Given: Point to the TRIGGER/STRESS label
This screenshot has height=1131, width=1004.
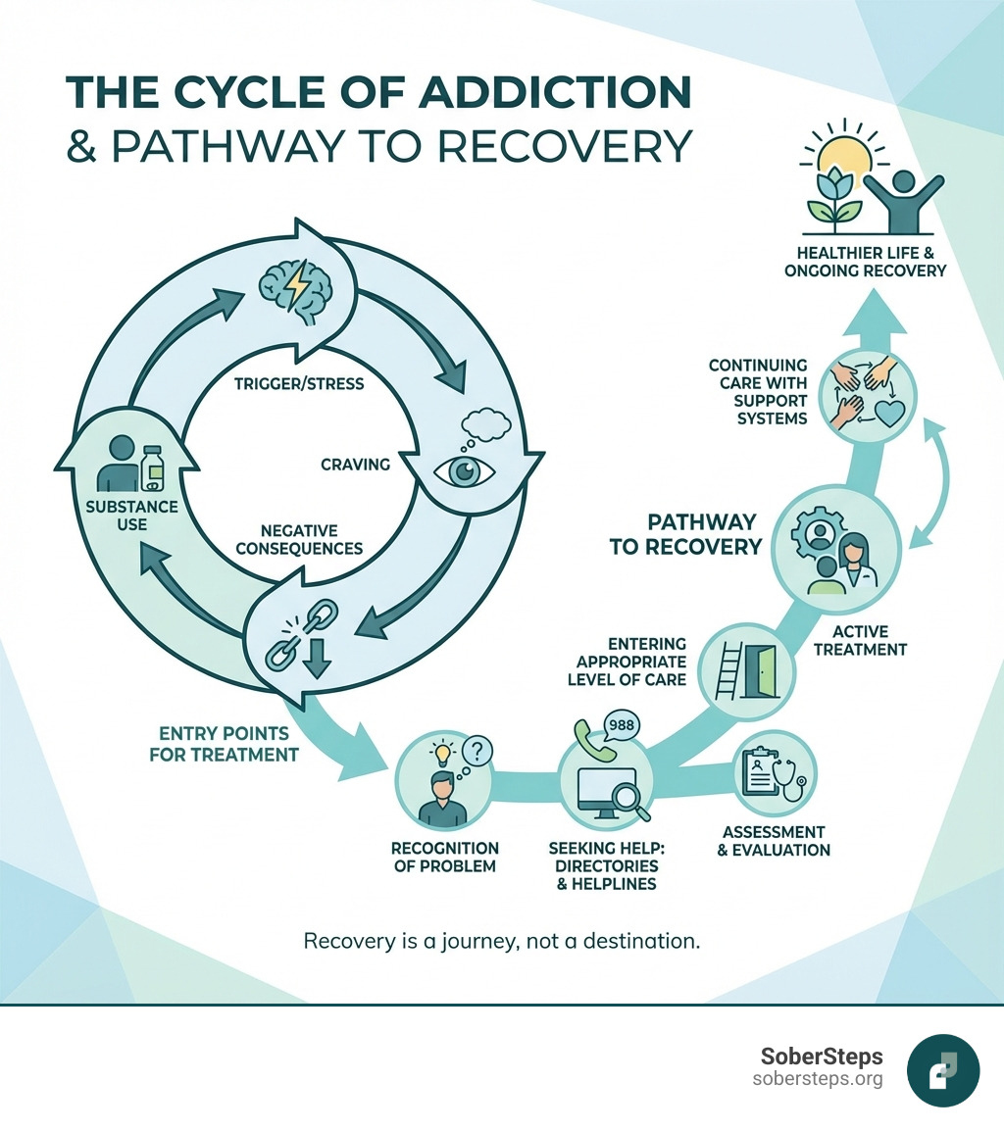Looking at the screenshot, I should coord(299,383).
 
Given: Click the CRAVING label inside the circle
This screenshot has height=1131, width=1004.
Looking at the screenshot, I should coord(355,464).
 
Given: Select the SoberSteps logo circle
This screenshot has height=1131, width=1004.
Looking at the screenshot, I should coord(943,1070).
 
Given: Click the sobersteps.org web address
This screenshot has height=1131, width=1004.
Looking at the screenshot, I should coord(818,1079).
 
